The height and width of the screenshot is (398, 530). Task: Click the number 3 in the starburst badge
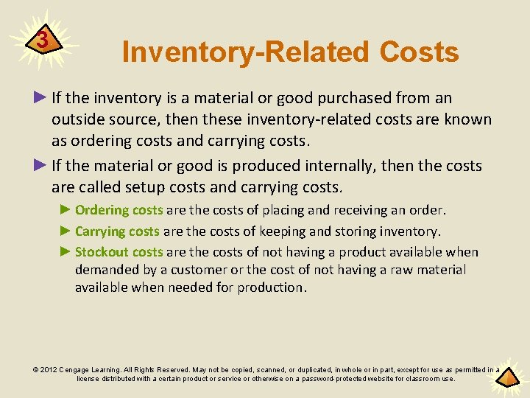[x=43, y=41]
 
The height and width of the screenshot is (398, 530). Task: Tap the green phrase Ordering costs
[x=119, y=211]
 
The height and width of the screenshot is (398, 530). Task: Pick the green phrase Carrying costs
[x=117, y=231]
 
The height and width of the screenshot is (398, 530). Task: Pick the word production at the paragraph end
[x=269, y=287]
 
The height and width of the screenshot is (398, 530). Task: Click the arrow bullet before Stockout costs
[x=65, y=252]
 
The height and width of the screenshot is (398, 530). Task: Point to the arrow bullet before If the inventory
[x=40, y=98]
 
